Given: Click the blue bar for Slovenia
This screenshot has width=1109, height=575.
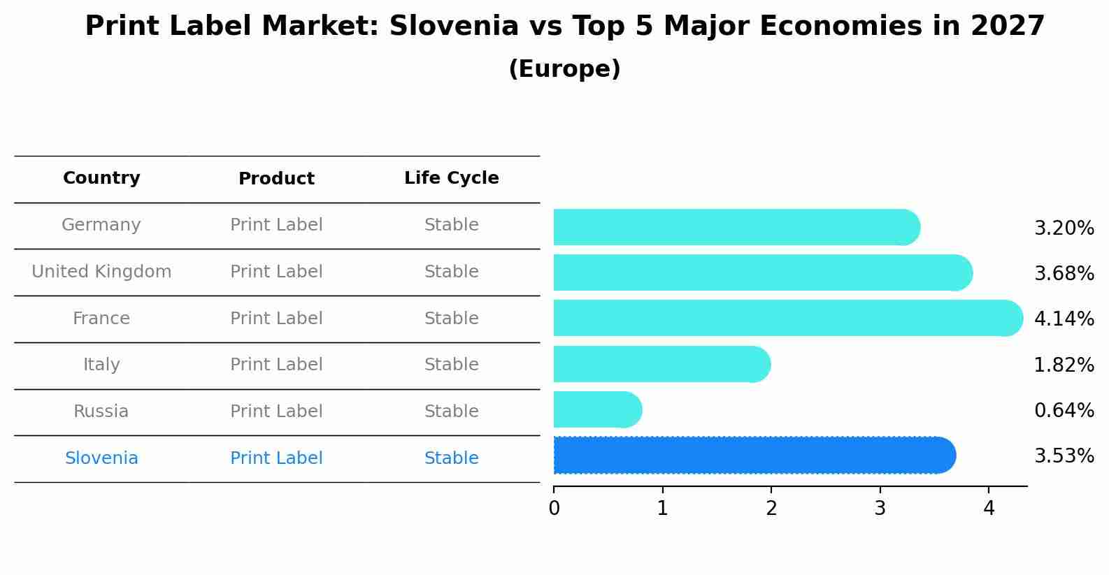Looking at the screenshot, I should (754, 456).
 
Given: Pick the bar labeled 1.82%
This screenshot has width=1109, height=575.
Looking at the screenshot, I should (661, 365).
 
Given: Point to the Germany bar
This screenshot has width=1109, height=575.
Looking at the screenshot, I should (736, 228).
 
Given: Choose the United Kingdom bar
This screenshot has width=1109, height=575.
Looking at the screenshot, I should (762, 273).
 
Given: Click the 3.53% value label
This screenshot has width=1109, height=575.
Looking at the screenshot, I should (1064, 456).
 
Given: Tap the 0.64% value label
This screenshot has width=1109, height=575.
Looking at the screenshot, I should (1064, 411).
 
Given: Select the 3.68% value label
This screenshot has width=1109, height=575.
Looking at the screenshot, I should (1064, 274).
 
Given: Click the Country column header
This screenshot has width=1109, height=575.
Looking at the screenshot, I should (101, 179).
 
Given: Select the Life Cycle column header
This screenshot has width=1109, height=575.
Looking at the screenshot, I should (451, 179).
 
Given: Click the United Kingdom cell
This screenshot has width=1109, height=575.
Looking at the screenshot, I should (101, 272).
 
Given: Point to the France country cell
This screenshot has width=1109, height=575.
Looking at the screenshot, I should (101, 319).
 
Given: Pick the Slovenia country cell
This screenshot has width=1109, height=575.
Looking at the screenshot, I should (101, 458).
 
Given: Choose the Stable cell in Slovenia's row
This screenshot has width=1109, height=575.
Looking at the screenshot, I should (451, 458).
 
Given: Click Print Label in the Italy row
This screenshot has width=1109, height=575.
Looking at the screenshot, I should (276, 365).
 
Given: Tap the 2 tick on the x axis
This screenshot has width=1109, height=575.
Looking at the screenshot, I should (771, 509).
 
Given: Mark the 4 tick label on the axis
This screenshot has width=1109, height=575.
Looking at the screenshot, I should (989, 509).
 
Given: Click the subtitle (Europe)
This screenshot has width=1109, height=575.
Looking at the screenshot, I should (564, 69).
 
